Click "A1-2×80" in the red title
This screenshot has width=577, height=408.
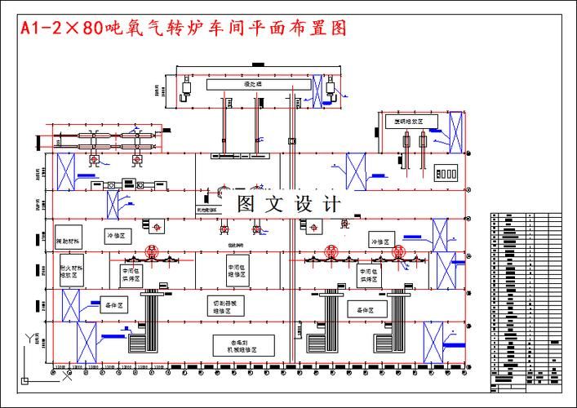(61, 28)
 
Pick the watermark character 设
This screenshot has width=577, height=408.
(304, 204)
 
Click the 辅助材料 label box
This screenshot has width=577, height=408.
(69, 242)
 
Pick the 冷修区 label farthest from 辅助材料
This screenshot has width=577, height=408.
(380, 242)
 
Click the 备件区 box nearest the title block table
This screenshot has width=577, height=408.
(366, 309)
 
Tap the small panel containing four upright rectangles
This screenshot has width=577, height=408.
(446, 174)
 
